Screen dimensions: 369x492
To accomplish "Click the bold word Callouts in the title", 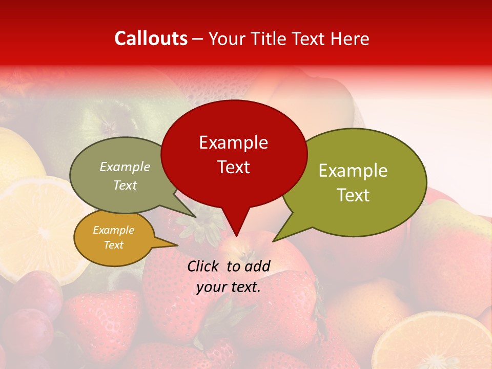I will [x=151, y=38].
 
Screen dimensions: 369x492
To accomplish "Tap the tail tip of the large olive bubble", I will [x=274, y=240].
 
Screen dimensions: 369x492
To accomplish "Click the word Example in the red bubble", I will [x=233, y=142].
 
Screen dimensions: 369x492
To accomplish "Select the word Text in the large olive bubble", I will [x=353, y=195].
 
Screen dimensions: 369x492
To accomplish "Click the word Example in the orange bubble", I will [x=113, y=230].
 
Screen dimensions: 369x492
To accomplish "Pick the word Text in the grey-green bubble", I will [x=125, y=185].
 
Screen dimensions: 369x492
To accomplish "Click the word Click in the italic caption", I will [x=203, y=266].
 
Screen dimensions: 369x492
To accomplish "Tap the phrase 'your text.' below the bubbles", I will [x=229, y=287].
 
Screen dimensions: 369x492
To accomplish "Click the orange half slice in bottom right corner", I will [x=436, y=343].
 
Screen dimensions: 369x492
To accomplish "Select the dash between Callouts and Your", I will [x=198, y=39].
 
